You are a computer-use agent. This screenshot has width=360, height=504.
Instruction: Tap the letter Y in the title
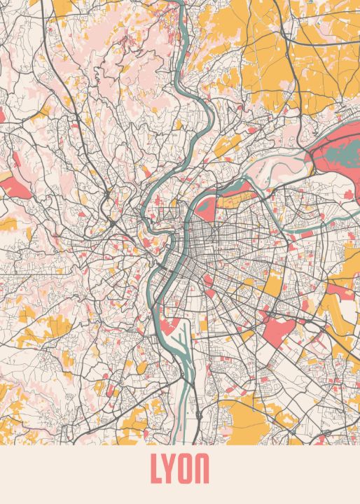coord(170,470)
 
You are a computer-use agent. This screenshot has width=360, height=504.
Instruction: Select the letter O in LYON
coord(186,470)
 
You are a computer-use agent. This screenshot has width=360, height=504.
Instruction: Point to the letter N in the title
coord(203,470)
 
